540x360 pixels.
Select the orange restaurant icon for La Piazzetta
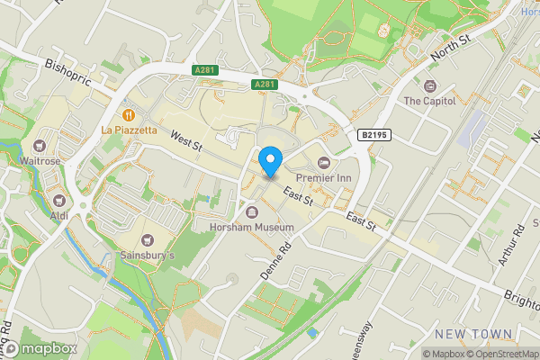pos(130,115)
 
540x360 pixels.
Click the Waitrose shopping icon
pos(40,146)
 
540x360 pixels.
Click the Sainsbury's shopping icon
pos(148,240)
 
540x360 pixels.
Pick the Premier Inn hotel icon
pos(323,163)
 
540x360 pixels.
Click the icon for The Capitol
pos(428,86)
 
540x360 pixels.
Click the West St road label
pos(186,141)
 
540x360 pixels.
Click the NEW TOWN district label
pos(472,334)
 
